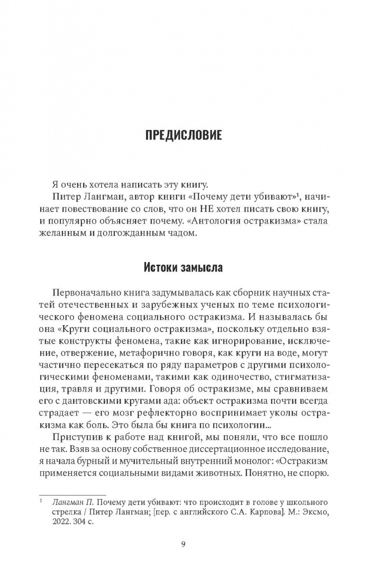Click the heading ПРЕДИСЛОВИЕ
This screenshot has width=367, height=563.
[x=183, y=136]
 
